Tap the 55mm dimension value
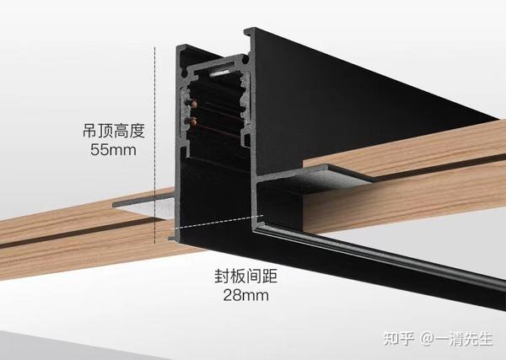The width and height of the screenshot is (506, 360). [x=113, y=151]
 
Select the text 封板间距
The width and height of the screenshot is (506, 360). [x=243, y=276]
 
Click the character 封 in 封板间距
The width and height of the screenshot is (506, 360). [x=218, y=276]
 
